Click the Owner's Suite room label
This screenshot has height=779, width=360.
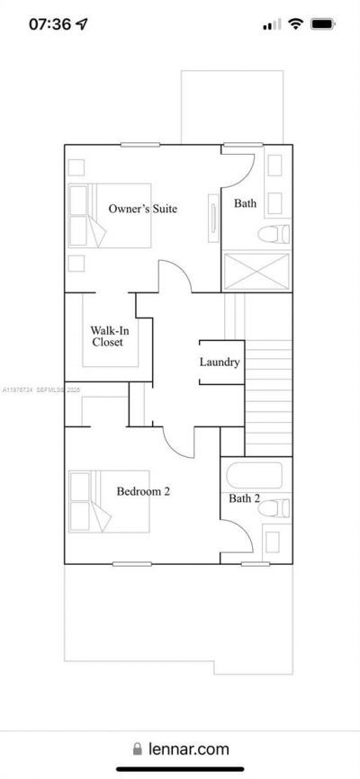[x=142, y=209]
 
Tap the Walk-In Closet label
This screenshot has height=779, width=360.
[x=109, y=336]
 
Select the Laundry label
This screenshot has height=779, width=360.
[x=220, y=363]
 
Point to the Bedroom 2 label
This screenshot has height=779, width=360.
[x=143, y=491]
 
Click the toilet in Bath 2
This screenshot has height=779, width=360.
[x=274, y=508]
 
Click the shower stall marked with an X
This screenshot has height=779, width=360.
[x=256, y=272]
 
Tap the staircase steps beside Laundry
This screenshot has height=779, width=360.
[x=268, y=396]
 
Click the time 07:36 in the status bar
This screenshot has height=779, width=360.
[x=49, y=24]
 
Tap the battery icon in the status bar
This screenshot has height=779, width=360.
[x=323, y=24]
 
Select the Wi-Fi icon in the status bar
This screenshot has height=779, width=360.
[x=295, y=24]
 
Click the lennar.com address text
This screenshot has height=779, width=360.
[x=188, y=748]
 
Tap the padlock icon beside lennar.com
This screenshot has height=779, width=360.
[x=138, y=748]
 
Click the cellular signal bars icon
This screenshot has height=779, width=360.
[x=272, y=25]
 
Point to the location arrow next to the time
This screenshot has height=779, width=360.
[x=83, y=24]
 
